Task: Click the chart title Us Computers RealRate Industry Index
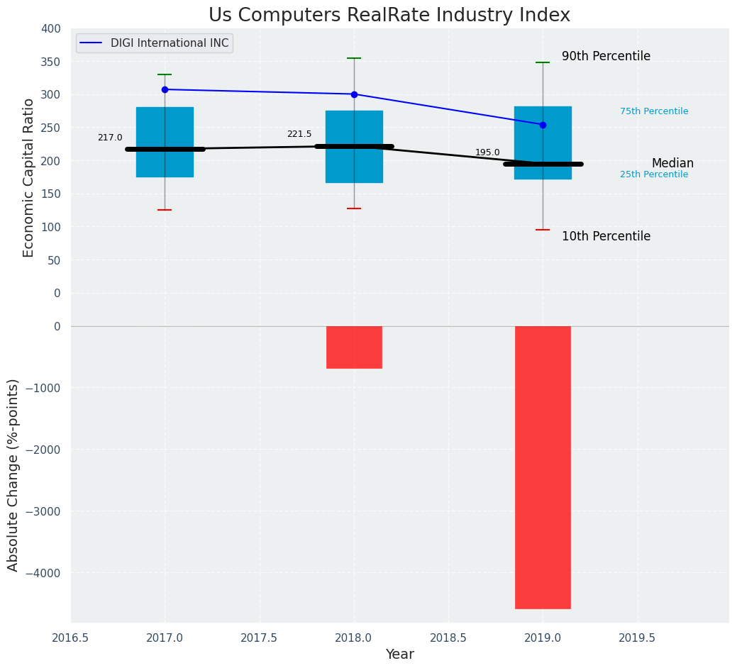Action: (x=389, y=16)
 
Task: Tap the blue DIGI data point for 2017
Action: (x=165, y=89)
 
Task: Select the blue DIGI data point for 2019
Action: (x=543, y=125)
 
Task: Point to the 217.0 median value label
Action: (x=110, y=138)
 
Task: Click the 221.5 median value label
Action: (x=299, y=134)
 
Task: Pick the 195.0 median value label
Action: (x=487, y=152)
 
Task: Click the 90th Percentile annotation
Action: (x=606, y=56)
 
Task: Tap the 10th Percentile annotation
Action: (x=606, y=236)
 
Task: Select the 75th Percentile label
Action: (x=654, y=111)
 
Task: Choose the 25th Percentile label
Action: (x=654, y=174)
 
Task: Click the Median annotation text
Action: (x=672, y=163)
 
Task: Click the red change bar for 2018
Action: (x=354, y=347)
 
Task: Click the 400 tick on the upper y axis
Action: (x=51, y=28)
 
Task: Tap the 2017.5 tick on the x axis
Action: (x=260, y=638)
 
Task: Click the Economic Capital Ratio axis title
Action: (x=29, y=177)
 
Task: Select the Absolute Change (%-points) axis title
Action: (x=13, y=474)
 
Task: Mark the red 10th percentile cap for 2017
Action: (x=165, y=210)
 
